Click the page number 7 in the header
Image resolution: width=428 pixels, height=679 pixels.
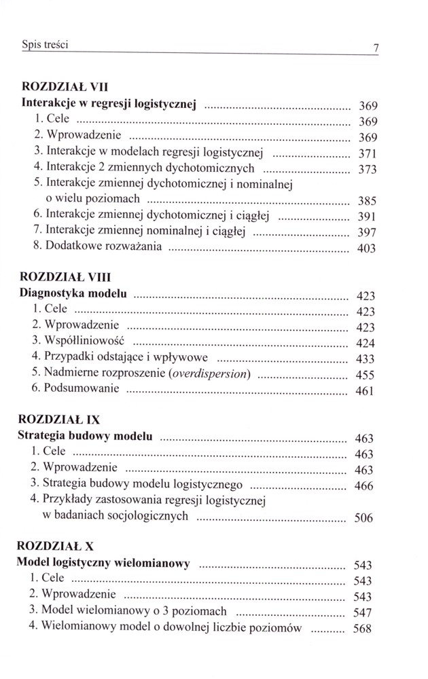(x=374, y=48)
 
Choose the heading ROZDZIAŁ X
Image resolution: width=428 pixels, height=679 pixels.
(x=57, y=545)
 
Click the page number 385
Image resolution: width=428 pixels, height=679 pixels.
(x=367, y=201)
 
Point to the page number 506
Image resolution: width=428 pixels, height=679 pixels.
(x=364, y=519)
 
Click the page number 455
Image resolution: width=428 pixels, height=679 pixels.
(x=365, y=375)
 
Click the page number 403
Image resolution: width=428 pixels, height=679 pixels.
(x=366, y=249)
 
